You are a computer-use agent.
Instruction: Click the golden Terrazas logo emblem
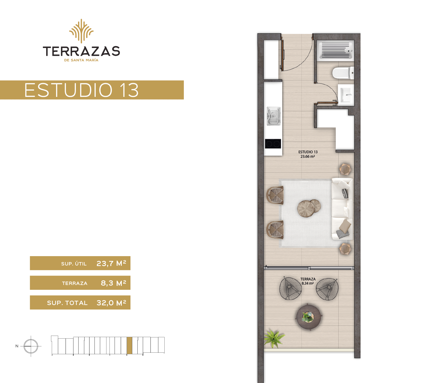pyautogui.click(x=81, y=31)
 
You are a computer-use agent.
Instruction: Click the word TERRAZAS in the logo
pyautogui.click(x=81, y=51)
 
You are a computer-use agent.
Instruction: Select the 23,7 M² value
pyautogui.click(x=111, y=263)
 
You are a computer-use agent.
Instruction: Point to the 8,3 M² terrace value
pyautogui.click(x=113, y=283)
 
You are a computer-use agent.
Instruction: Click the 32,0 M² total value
pyautogui.click(x=111, y=303)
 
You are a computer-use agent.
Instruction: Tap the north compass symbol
pyautogui.click(x=31, y=346)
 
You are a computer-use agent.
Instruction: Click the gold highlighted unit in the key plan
pyautogui.click(x=130, y=346)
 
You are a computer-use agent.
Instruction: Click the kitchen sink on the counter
pyautogui.click(x=274, y=116)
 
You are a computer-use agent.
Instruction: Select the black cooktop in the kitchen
pyautogui.click(x=273, y=144)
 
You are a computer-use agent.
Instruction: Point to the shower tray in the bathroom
pyautogui.click(x=336, y=50)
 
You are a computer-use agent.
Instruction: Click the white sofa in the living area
pyautogui.click(x=342, y=209)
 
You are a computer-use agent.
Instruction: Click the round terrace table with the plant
pyautogui.click(x=309, y=317)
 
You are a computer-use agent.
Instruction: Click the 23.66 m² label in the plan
pyautogui.click(x=308, y=157)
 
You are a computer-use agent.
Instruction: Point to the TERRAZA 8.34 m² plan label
pyautogui.click(x=308, y=281)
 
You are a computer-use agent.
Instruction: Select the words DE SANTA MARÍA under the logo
pyautogui.click(x=81, y=60)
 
